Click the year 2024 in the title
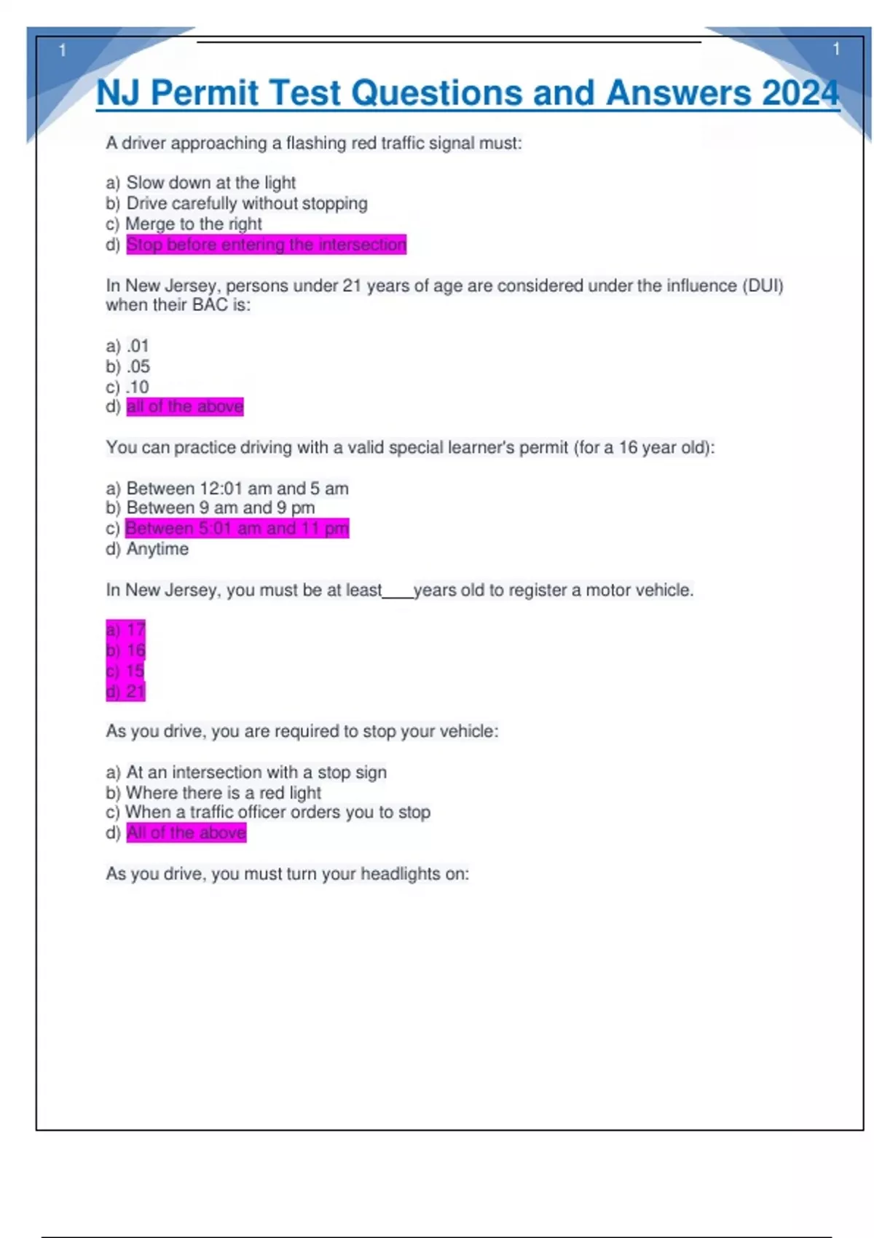pos(800,93)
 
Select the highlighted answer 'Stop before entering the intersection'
pos(266,245)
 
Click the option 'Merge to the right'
pos(193,224)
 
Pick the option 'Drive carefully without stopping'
pos(246,204)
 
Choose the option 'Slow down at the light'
pos(210,183)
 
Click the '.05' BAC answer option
pos(138,366)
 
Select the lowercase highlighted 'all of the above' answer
pos(185,406)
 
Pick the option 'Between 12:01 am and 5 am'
pos(237,488)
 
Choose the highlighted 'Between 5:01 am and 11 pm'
pos(237,528)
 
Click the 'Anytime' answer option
pos(157,549)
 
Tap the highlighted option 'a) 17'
pos(126,629)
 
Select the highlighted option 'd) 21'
pos(126,691)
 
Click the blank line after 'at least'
pos(398,593)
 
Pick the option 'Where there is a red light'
pos(223,792)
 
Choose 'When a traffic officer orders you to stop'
pos(277,812)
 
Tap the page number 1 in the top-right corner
pos(836,50)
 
